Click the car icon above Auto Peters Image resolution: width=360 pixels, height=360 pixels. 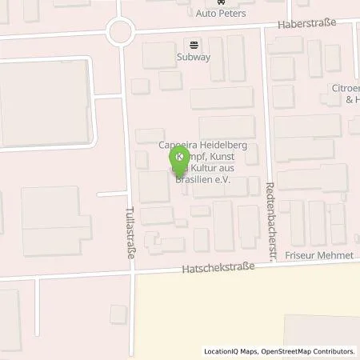click(x=222, y=3)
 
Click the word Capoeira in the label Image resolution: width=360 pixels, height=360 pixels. click(x=178, y=145)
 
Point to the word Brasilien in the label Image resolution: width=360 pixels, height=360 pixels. click(x=189, y=180)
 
